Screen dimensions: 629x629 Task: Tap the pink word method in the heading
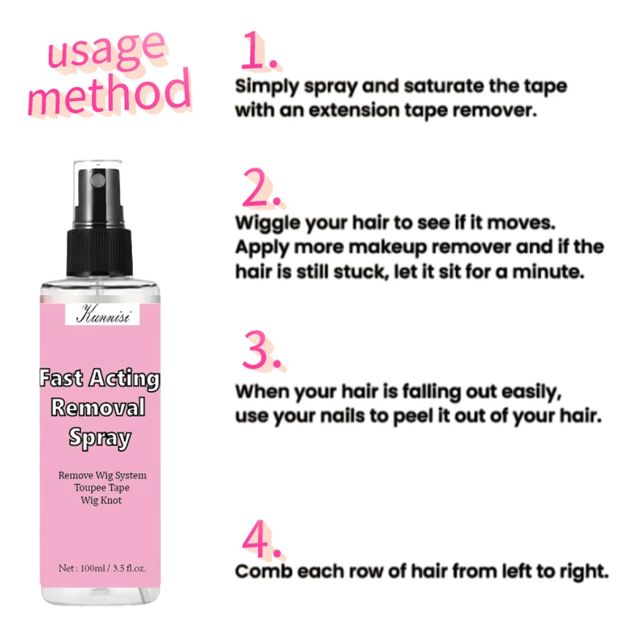coord(108,94)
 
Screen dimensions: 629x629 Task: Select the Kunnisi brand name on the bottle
coord(103,314)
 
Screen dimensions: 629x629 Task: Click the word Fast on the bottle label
coord(62,379)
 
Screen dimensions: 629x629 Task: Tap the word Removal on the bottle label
coord(98,408)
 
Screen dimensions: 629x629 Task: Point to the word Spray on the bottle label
coord(99,438)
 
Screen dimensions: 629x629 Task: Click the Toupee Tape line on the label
coord(102,487)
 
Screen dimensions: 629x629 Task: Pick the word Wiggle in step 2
coord(264,224)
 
